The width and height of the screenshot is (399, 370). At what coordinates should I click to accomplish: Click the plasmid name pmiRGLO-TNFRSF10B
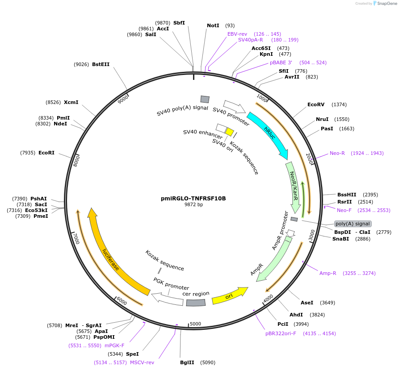point(193,199)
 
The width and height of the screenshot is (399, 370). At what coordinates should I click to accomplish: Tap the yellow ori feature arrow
point(230,296)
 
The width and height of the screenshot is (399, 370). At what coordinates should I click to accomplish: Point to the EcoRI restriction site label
point(46,153)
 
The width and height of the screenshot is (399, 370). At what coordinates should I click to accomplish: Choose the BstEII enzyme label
point(101,64)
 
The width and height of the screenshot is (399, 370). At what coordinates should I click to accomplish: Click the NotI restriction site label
point(213,25)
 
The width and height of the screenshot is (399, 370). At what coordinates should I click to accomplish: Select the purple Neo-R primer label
point(337,153)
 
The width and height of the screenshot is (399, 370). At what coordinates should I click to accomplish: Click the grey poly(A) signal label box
point(353,224)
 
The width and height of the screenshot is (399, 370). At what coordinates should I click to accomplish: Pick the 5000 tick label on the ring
point(196,324)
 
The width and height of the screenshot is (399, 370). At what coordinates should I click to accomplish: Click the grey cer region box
point(196,302)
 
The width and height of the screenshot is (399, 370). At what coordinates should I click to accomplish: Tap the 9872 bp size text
point(193,205)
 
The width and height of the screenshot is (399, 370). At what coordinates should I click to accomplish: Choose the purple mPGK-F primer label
point(114,345)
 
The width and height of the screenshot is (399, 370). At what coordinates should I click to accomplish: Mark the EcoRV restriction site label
point(316,104)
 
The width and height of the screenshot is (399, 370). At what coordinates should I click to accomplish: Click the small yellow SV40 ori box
point(229,132)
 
